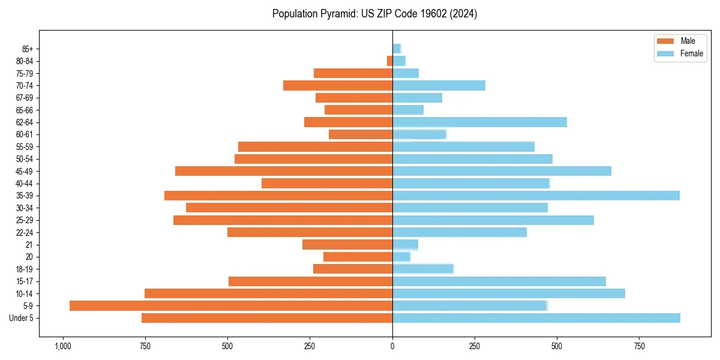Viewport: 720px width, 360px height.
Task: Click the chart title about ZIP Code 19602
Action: click(x=374, y=14)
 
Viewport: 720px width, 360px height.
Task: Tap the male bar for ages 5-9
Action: click(x=231, y=305)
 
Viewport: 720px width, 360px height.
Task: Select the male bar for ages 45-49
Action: click(x=284, y=171)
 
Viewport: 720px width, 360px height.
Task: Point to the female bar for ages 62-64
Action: click(x=479, y=122)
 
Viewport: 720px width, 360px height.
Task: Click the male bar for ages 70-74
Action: click(x=338, y=86)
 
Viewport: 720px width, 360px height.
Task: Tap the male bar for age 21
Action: click(x=347, y=245)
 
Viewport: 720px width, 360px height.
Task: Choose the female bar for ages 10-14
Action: click(x=509, y=293)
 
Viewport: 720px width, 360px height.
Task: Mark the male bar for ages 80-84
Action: click(x=390, y=61)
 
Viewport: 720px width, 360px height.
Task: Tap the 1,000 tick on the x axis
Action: click(x=62, y=346)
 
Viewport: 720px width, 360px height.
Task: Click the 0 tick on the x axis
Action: click(x=392, y=346)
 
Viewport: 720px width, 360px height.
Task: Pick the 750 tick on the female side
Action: click(x=640, y=346)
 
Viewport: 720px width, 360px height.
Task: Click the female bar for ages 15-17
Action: click(x=499, y=281)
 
